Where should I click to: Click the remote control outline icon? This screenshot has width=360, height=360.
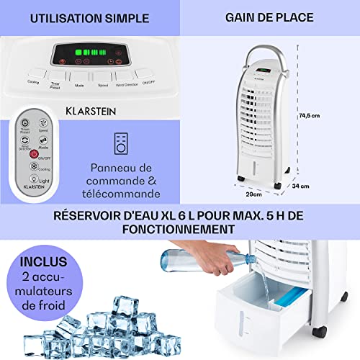tap(121, 143)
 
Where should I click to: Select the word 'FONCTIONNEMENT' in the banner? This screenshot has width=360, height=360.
tap(180, 228)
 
